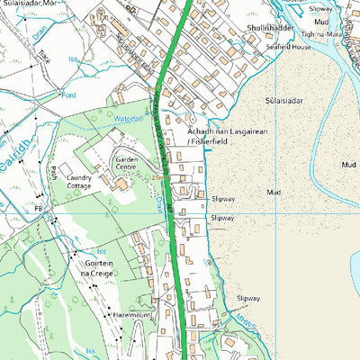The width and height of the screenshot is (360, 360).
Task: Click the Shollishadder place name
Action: coord(265,29)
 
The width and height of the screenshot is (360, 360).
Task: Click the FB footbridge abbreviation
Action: coord(39,208)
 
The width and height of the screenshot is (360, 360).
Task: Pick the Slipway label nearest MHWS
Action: coord(247,298)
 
